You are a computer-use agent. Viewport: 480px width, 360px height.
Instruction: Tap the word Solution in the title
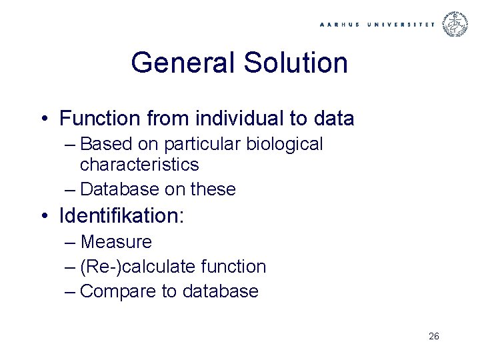(x=296, y=63)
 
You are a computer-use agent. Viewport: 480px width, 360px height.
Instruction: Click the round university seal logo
(x=457, y=24)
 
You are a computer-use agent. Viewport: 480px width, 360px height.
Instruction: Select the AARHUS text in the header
(x=339, y=25)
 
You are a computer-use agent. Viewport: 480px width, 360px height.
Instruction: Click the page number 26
(x=433, y=337)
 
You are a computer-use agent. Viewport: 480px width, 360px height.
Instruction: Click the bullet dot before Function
(x=43, y=119)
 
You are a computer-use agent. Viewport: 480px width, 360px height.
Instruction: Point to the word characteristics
(x=139, y=164)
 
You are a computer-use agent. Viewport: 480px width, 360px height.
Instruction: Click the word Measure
(x=116, y=242)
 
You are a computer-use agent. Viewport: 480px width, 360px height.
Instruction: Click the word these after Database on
(x=213, y=189)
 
